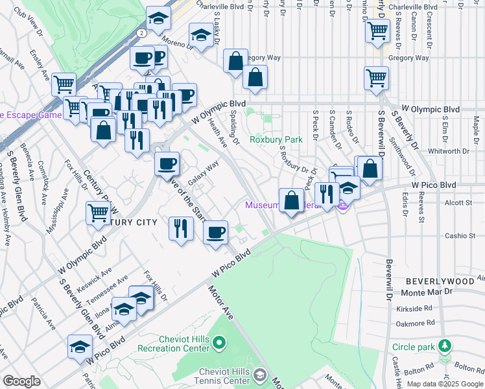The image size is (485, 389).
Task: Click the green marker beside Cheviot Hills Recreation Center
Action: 219,342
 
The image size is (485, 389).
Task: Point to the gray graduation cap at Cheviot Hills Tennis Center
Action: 259,375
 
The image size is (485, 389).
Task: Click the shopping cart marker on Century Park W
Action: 98,212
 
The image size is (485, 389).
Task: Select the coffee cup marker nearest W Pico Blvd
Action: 215,231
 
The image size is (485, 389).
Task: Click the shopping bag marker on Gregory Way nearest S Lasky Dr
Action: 235,61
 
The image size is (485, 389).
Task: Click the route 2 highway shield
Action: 141,32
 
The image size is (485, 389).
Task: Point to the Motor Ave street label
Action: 220,300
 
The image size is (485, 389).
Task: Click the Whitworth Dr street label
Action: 449,151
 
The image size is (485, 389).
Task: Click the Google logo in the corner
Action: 21,381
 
